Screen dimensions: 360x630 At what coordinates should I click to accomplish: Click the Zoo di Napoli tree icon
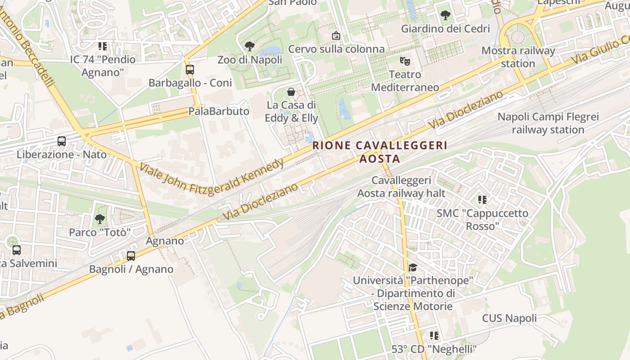coord(249,46)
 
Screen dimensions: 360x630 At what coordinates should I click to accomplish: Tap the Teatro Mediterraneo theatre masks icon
coord(405,60)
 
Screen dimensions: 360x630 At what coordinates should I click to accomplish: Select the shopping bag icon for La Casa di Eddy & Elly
coord(291,92)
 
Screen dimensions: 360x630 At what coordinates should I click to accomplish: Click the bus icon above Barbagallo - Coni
coord(189,69)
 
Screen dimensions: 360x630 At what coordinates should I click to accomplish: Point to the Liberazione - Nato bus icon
coord(62,141)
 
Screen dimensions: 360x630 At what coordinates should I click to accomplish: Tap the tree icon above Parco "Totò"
coord(99,219)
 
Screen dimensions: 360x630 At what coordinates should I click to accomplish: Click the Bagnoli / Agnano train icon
coord(131,256)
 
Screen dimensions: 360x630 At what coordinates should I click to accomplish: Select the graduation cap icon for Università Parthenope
coord(413,268)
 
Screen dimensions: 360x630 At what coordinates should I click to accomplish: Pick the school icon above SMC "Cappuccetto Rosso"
coord(482,199)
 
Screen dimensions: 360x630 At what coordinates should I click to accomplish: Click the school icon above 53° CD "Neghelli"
coord(434,335)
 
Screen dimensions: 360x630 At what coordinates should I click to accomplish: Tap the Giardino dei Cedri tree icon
coord(445,15)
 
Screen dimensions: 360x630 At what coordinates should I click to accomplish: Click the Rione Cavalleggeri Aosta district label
coord(380,152)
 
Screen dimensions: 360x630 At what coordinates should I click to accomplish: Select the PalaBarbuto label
coord(219,111)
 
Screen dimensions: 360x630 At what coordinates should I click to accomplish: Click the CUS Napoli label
coord(509,318)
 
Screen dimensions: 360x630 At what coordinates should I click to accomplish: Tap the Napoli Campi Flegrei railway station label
coord(548,123)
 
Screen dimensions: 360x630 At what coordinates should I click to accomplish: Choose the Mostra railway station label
coord(518,57)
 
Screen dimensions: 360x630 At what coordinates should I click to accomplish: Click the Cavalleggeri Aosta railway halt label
coord(401,187)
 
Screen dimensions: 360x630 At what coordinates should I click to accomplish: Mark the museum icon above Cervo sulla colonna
coord(336,35)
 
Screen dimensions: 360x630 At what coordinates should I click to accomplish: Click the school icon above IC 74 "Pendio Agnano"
coord(103,46)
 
